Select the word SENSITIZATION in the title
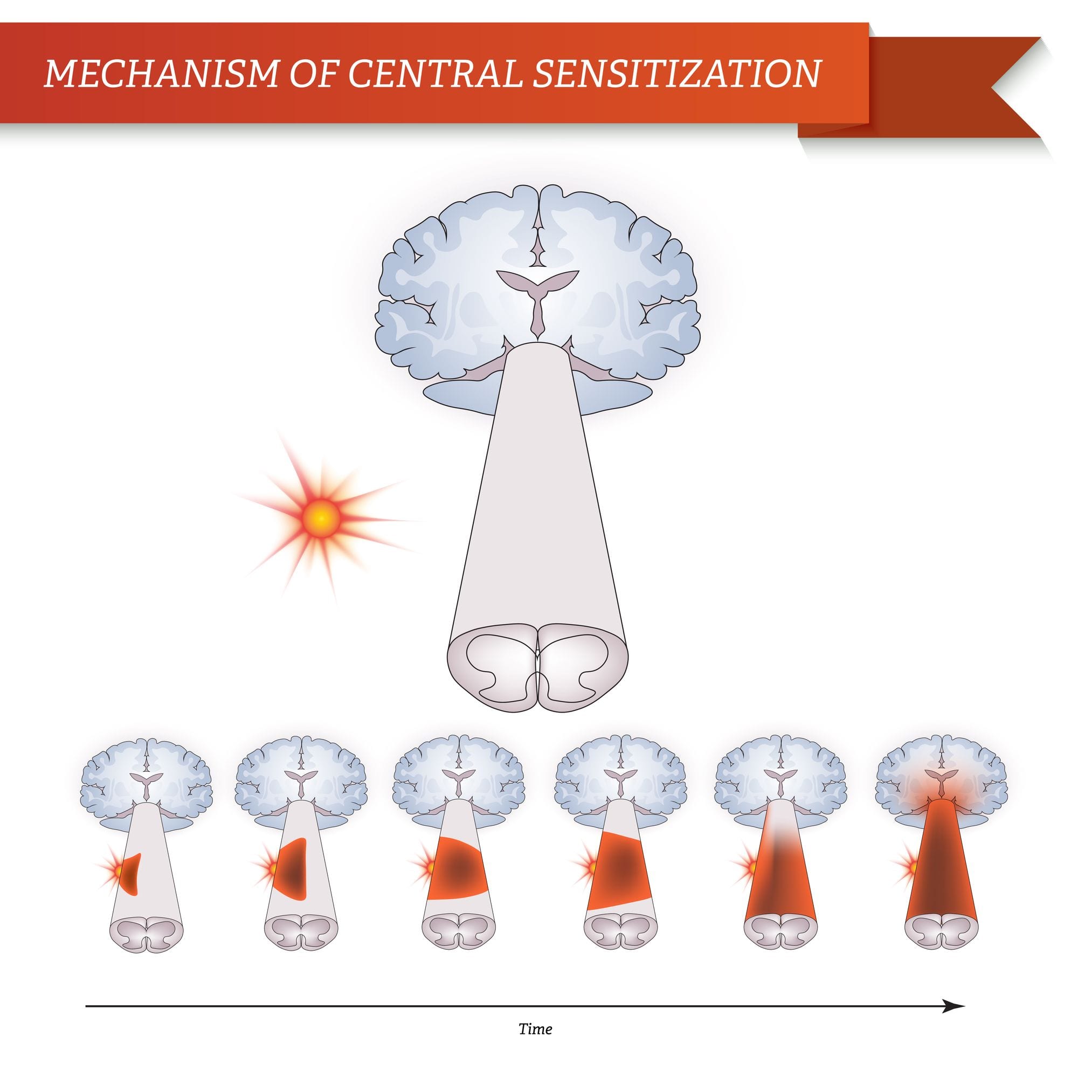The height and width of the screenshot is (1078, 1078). pos(676,73)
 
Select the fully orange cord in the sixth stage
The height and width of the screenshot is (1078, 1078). pos(940,870)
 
